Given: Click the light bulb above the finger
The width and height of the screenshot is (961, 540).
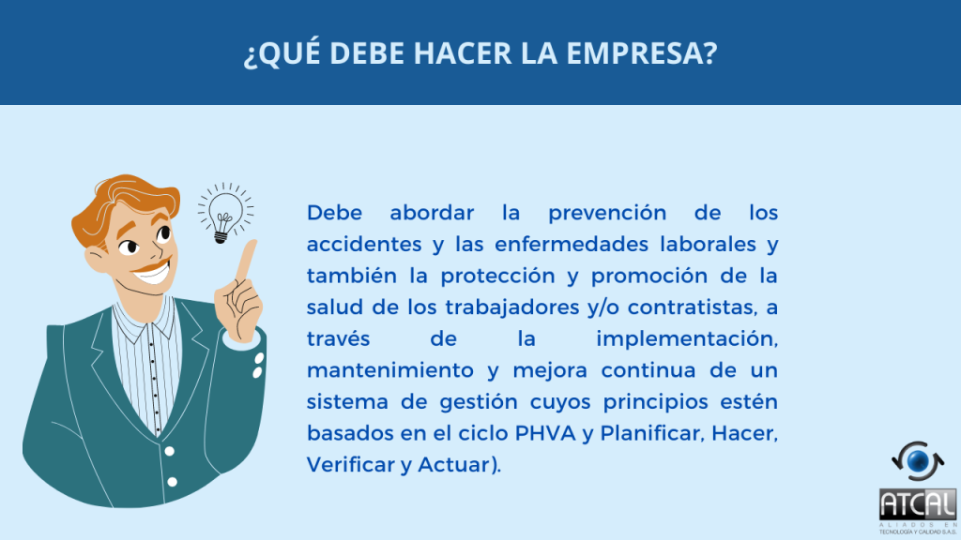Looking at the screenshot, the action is coord(224,213).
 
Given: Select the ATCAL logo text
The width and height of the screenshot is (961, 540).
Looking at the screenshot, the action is coord(918,505).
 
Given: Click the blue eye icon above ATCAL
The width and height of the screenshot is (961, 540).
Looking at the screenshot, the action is coord(918,461).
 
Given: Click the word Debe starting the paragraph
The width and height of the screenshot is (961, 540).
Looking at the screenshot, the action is coord(334,213).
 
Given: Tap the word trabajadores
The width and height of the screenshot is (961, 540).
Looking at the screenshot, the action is coord(511,307).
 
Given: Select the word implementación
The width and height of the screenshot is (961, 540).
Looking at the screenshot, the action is coord(686,339).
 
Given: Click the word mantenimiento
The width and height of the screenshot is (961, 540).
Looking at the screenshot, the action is coord(389,370).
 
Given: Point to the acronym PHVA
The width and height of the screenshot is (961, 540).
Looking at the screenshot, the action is coord(545,433).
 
